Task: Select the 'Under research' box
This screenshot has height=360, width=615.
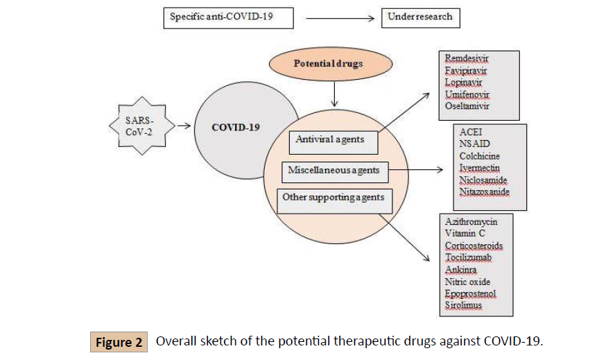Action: pyautogui.click(x=420, y=17)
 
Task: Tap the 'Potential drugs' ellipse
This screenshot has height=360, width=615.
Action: pyautogui.click(x=328, y=64)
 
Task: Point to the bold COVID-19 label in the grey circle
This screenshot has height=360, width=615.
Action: pyautogui.click(x=236, y=128)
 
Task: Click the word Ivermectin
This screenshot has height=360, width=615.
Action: pyautogui.click(x=479, y=168)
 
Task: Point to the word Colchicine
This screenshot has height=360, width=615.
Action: pyautogui.click(x=479, y=157)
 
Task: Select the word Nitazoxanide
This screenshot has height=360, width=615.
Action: pyautogui.click(x=483, y=191)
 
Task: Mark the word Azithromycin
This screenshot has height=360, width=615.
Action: pyautogui.click(x=471, y=221)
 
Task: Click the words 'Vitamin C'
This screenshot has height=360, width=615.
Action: pyautogui.click(x=465, y=234)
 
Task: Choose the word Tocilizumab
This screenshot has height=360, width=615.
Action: pyautogui.click(x=469, y=258)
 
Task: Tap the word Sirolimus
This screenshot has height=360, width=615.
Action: pyautogui.click(x=464, y=305)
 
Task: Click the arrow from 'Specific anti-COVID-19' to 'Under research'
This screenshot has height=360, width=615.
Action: pyautogui.click(x=341, y=17)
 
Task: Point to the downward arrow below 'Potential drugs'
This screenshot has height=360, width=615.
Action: pyautogui.click(x=335, y=92)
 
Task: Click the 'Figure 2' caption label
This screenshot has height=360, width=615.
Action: pyautogui.click(x=119, y=343)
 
